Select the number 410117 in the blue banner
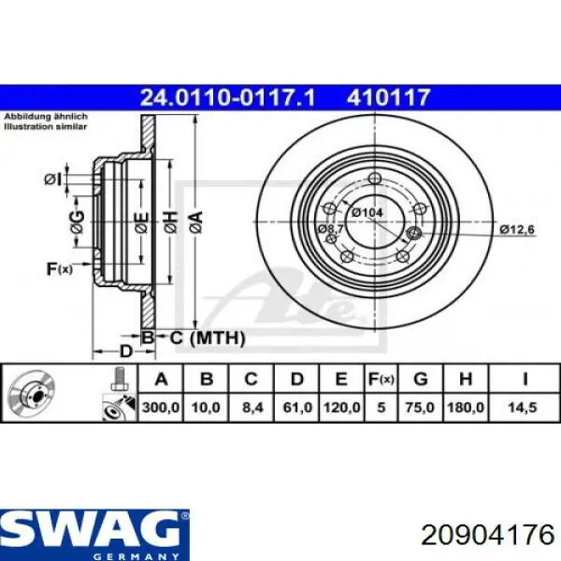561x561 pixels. tap(390, 95)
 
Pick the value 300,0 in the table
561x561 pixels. tap(161, 409)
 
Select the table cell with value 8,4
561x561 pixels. tap(252, 409)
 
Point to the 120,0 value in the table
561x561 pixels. tap(341, 409)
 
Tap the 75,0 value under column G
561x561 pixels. tap(421, 409)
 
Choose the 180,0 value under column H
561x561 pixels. tap(467, 409)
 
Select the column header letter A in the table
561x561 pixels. tap(161, 379)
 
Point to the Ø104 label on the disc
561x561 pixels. tap(370, 213)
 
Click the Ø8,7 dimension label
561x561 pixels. tap(330, 229)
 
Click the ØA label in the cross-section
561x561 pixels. tap(195, 222)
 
